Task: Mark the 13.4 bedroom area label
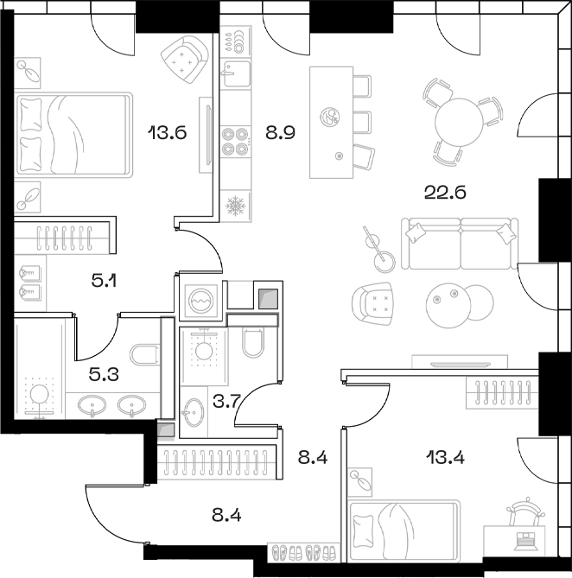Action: click(445, 457)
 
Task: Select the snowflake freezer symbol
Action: click(235, 206)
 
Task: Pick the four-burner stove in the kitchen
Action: click(235, 141)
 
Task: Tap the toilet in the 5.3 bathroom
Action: click(144, 353)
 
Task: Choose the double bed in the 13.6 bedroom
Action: click(74, 135)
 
